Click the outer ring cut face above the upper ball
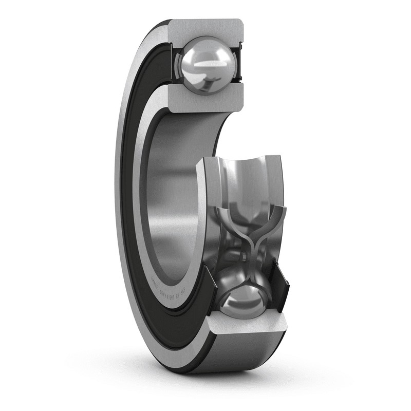(206, 29)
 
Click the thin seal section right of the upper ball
(237, 64)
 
